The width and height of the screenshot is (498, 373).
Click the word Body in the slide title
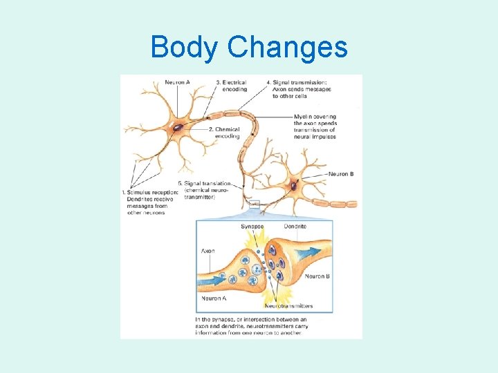point(184,48)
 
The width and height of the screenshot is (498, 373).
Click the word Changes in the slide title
point(287,48)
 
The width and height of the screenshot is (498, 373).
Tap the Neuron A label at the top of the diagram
point(178,83)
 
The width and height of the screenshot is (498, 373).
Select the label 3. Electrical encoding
point(231,86)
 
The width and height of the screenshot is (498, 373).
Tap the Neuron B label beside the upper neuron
point(341,174)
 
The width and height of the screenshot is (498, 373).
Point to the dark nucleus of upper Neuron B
point(293,185)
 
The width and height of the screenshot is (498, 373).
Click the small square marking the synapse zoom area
point(255,204)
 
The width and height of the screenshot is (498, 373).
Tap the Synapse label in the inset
point(252,226)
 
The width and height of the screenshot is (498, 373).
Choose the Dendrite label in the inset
point(295,226)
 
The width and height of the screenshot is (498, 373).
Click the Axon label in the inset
point(207,251)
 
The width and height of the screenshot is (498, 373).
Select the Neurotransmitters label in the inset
point(289,305)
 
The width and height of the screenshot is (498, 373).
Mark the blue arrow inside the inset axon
point(214,280)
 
